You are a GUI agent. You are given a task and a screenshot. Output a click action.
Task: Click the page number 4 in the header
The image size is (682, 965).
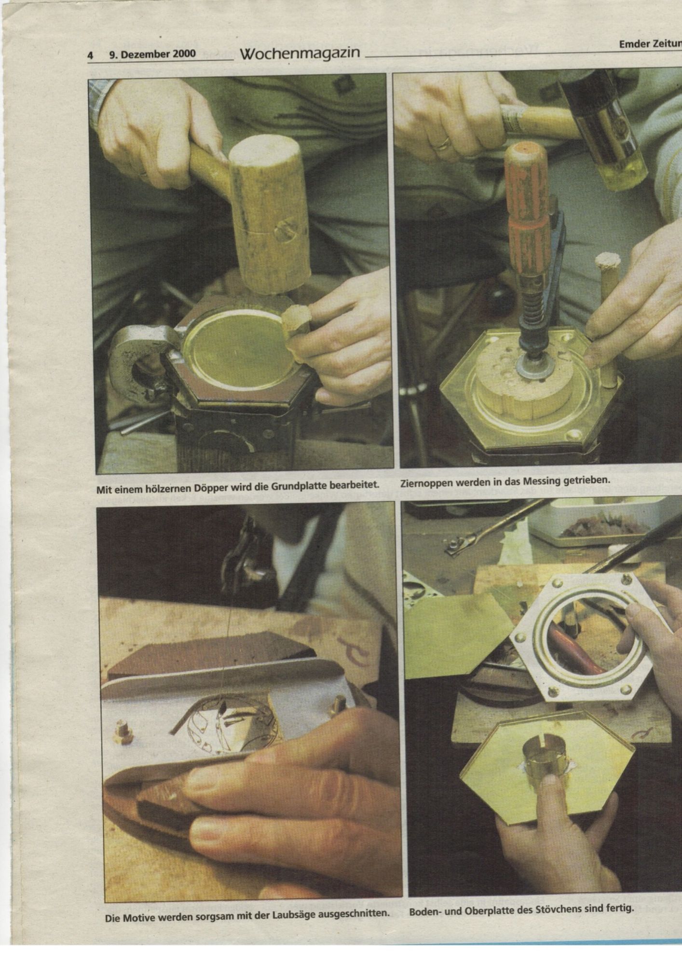[90, 55]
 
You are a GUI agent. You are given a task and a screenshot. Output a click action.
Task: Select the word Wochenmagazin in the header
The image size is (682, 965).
[300, 53]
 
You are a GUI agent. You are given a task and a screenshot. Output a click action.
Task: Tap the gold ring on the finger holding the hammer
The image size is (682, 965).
[442, 143]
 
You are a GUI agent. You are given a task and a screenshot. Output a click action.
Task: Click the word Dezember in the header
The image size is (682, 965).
[143, 54]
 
